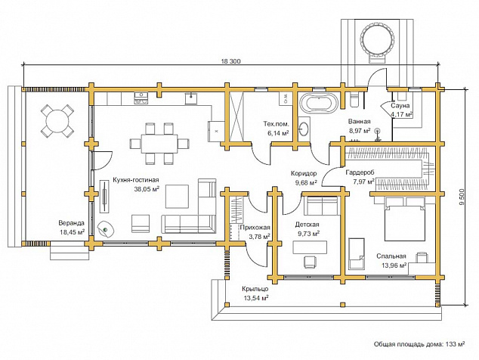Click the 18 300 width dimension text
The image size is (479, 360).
click(x=231, y=61)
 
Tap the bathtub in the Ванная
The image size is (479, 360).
click(x=319, y=103)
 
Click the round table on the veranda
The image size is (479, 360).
click(x=57, y=120)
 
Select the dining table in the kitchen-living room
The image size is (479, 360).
click(x=159, y=144)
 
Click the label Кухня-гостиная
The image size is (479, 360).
click(x=136, y=180)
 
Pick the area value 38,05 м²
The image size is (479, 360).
click(x=147, y=189)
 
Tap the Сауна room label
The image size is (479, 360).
click(x=400, y=106)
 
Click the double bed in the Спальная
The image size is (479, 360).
click(x=405, y=219)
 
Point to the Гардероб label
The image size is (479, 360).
click(x=360, y=172)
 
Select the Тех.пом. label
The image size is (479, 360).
click(x=277, y=124)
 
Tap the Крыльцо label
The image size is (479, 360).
click(x=255, y=289)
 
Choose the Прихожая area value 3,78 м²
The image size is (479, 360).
click(x=259, y=236)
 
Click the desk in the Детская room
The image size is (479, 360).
click(x=310, y=247)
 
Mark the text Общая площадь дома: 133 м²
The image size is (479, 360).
click(x=419, y=344)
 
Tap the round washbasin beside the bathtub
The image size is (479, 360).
click(x=304, y=129)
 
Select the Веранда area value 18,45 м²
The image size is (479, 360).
click(x=72, y=232)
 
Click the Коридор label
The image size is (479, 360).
click(x=304, y=173)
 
